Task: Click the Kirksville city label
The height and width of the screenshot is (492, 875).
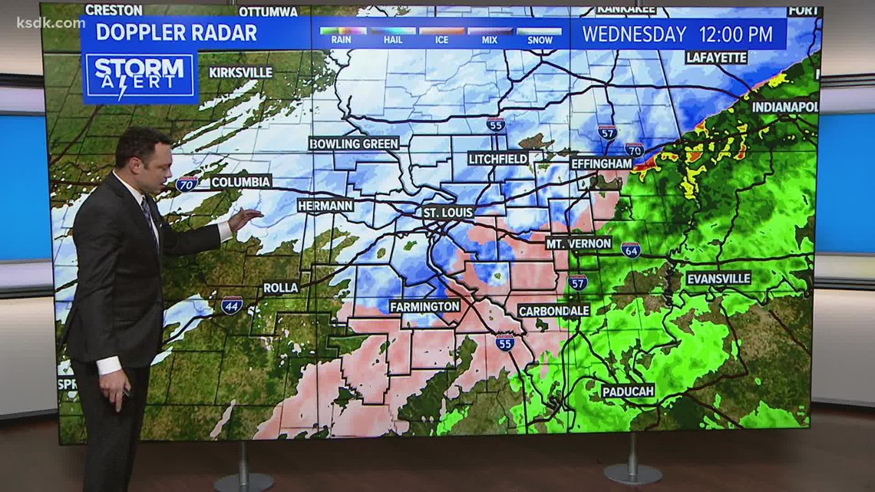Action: [x=240, y=72]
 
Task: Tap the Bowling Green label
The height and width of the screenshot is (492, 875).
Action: [x=354, y=144]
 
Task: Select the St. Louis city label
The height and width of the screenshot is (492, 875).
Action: [x=448, y=212]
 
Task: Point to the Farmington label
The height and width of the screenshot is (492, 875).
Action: [x=424, y=306]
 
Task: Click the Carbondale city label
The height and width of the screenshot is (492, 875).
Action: [x=553, y=311]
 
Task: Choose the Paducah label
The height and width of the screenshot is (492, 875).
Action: [x=628, y=391]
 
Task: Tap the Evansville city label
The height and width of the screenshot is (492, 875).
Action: [x=718, y=279]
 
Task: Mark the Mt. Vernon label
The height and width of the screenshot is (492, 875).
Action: [x=579, y=243]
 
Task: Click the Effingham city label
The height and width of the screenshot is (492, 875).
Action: [x=601, y=163]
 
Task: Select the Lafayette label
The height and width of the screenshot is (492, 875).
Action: [x=716, y=58]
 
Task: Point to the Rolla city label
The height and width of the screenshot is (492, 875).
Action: [x=280, y=288]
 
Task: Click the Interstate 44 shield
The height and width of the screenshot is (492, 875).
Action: [x=232, y=305]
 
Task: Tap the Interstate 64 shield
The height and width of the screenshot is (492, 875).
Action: [x=630, y=249]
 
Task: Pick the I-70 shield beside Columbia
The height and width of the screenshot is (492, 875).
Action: [x=187, y=183]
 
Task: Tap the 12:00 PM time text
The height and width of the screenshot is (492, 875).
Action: [x=735, y=35]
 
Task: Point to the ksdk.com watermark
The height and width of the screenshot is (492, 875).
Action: [x=51, y=22]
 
